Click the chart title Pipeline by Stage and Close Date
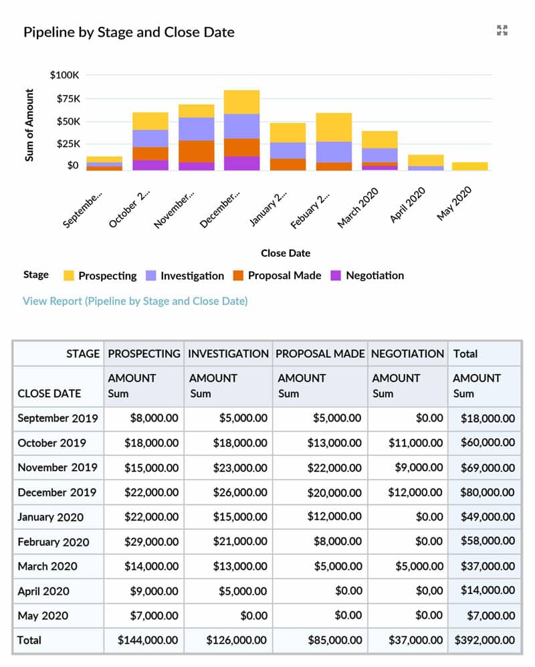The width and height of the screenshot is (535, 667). (x=129, y=32)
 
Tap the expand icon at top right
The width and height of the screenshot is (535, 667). (x=502, y=30)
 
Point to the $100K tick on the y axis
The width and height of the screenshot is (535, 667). (x=64, y=75)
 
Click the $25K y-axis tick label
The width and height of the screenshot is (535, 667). (x=67, y=143)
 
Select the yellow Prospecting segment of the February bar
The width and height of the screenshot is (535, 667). (x=334, y=127)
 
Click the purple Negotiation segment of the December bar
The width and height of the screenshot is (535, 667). (x=241, y=163)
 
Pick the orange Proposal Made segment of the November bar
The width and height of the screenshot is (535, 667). (x=196, y=151)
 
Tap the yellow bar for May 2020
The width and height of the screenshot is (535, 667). (x=469, y=166)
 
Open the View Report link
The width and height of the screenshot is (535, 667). (x=135, y=301)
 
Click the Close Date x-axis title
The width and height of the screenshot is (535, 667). (x=286, y=253)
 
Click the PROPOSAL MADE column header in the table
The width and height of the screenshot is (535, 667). (x=320, y=353)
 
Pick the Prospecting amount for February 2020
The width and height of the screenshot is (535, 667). (x=150, y=541)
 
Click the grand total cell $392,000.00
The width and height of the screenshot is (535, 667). (x=485, y=640)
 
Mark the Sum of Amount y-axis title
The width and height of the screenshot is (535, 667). (x=29, y=125)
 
